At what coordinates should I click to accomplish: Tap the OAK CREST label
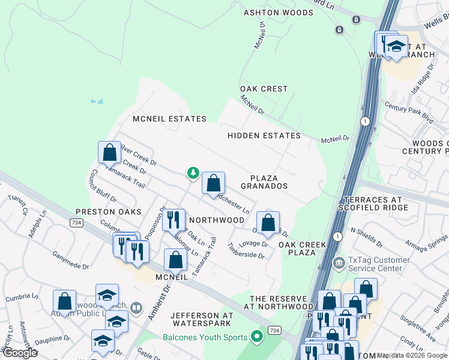(x=264, y=89)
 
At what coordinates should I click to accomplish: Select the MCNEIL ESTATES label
(x=170, y=119)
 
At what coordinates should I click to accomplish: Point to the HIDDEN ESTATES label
(x=264, y=136)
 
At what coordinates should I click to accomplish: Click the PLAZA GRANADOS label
(x=264, y=182)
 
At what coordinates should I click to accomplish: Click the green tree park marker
(x=193, y=173)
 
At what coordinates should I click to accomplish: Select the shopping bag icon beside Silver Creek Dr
(x=109, y=152)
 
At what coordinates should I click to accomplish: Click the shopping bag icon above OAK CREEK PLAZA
(x=268, y=223)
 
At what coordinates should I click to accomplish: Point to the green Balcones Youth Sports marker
(x=258, y=336)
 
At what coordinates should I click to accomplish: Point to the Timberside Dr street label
(x=246, y=251)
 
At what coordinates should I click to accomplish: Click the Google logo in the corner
(x=20, y=353)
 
